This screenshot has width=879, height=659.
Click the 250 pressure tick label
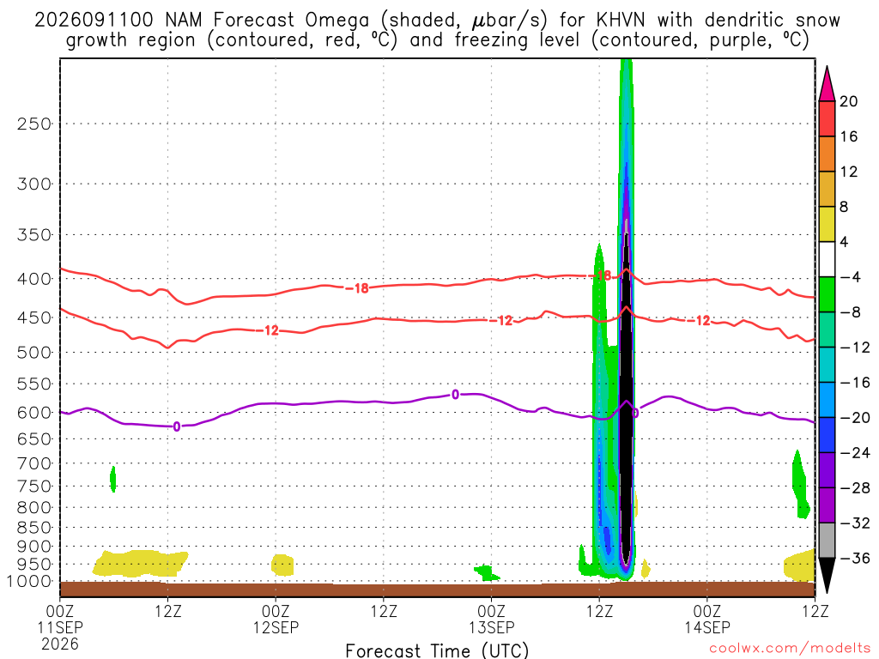(x=34, y=124)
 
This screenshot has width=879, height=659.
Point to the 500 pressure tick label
(x=34, y=353)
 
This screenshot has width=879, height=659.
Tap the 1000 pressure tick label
(x=29, y=582)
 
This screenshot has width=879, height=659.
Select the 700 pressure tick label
(x=34, y=463)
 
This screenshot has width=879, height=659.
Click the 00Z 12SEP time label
(x=276, y=619)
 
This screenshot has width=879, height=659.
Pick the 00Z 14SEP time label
(x=707, y=619)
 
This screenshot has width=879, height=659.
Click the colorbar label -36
(x=855, y=558)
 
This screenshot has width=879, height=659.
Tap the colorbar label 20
(x=849, y=101)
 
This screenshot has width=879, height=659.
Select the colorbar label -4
(x=850, y=277)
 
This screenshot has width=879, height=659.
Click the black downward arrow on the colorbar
(x=827, y=574)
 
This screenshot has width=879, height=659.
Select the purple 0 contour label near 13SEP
(x=455, y=395)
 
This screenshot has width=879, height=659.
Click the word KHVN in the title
(x=620, y=21)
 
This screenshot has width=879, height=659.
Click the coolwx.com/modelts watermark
(x=790, y=649)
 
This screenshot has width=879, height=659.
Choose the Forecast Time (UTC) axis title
(x=437, y=650)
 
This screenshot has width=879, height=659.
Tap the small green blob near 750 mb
(x=113, y=479)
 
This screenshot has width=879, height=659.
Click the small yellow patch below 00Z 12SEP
(x=282, y=565)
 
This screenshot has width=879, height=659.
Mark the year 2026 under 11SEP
(x=60, y=644)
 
